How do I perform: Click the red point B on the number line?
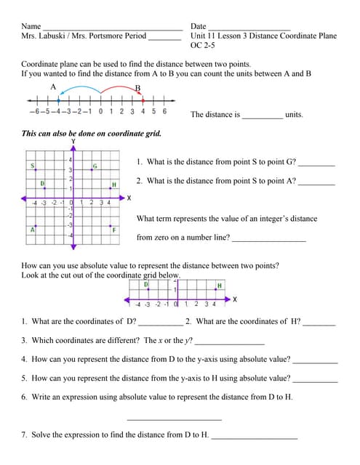143,100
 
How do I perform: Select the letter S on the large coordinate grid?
33,166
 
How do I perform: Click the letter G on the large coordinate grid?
95,166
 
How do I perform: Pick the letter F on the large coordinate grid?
114,230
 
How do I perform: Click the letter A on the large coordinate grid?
32,230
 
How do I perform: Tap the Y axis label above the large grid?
72,141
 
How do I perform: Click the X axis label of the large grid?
129,198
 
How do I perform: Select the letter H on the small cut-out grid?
219,285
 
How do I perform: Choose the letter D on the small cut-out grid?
146,285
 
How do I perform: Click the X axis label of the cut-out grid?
234,299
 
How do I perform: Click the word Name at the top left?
31,26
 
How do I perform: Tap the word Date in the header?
199,26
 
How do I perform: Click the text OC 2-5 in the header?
204,44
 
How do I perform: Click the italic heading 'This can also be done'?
91,134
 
